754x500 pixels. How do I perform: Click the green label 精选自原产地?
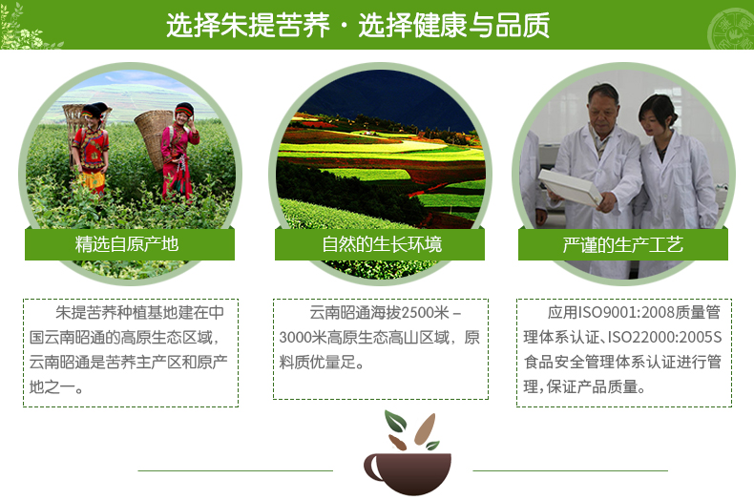(127, 244)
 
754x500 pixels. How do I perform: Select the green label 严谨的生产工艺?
(623, 244)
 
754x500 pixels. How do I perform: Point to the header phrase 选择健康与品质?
(454, 25)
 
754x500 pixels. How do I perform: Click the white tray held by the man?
(569, 186)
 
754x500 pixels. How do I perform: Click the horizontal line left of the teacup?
(235, 470)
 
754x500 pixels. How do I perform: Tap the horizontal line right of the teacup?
(571, 470)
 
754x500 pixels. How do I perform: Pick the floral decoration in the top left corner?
(24, 29)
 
